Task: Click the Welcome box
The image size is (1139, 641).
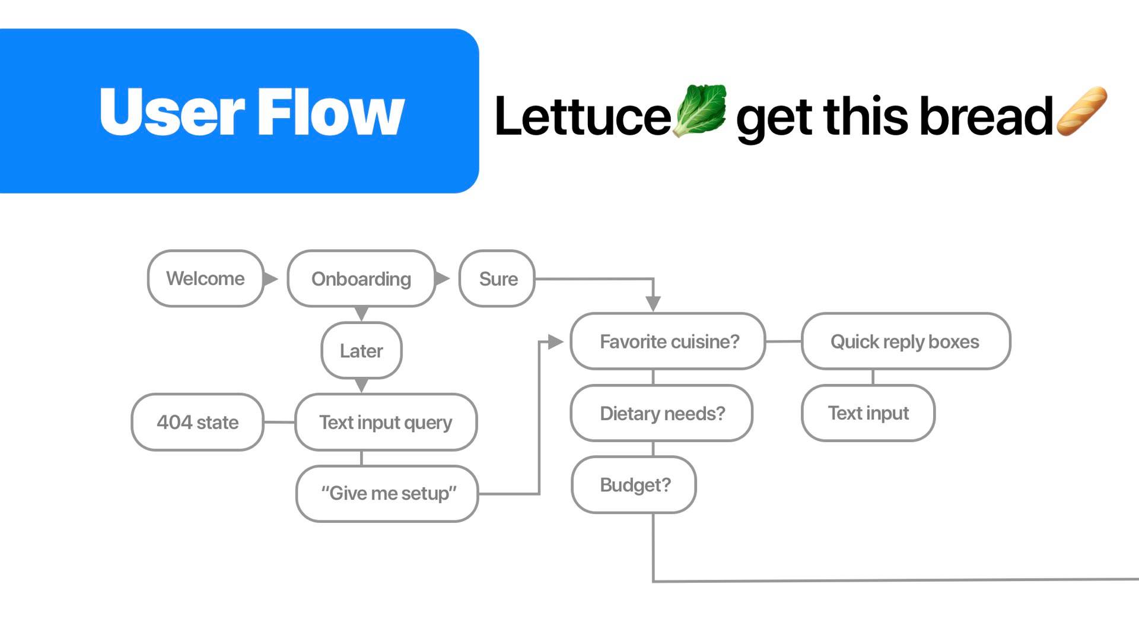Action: tap(205, 278)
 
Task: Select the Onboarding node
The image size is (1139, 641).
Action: tap(361, 278)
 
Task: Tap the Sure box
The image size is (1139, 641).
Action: tap(497, 278)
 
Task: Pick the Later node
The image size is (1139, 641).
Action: tap(361, 351)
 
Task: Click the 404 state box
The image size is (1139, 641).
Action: tap(198, 422)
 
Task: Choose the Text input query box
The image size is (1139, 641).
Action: tap(386, 422)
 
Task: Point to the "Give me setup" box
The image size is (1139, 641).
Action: tap(387, 493)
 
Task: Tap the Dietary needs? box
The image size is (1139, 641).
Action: tap(661, 413)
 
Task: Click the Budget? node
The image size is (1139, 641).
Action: tap(634, 485)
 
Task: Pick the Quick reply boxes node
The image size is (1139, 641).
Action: tap(905, 341)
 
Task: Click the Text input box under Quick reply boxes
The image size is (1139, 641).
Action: tap(868, 413)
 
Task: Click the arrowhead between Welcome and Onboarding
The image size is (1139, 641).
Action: tap(270, 278)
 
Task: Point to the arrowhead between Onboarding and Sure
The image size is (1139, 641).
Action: tap(442, 278)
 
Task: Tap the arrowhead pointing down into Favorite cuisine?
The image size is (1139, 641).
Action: tap(653, 303)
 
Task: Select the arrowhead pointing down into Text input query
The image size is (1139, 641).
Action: tap(361, 386)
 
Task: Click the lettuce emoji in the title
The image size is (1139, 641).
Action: tap(701, 110)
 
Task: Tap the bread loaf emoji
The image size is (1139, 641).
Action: tap(1081, 110)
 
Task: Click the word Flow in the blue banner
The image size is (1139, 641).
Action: tap(330, 112)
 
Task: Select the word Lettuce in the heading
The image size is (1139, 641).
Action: tap(583, 116)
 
